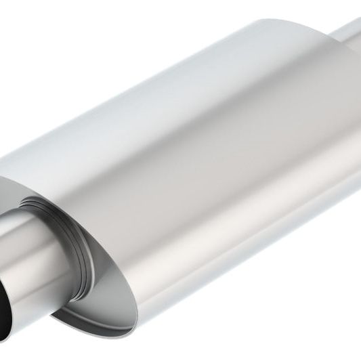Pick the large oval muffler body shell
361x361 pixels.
pyautogui.click(x=224, y=156)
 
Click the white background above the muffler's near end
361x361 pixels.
pyautogui.click(x=68, y=68)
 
